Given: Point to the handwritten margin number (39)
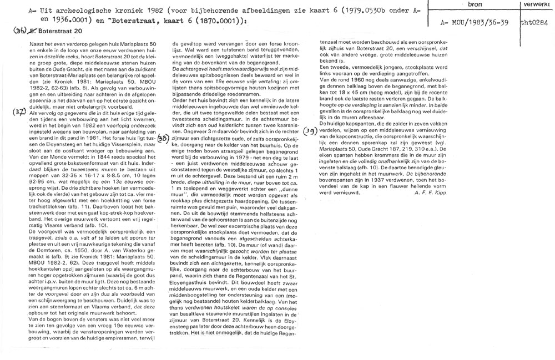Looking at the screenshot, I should [x=310, y=131].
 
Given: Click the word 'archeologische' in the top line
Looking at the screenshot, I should [x=69, y=11].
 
